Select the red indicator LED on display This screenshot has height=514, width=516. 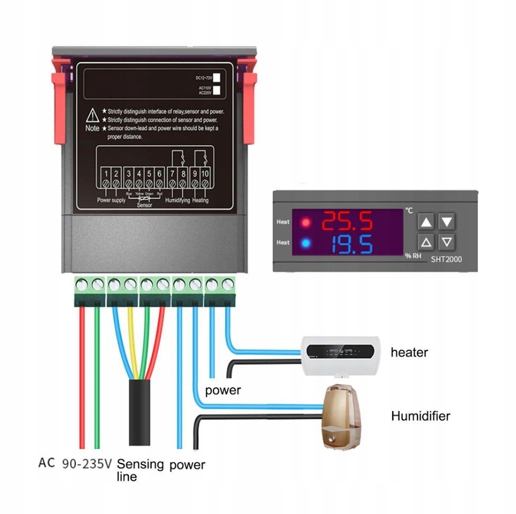tap(305, 222)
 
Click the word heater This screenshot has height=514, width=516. tap(409, 352)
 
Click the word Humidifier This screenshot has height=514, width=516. tap(421, 416)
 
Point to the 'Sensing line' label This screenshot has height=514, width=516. tap(140, 470)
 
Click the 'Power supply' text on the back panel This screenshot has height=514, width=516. tap(111, 200)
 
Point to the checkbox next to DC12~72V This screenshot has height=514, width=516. tap(217, 78)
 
